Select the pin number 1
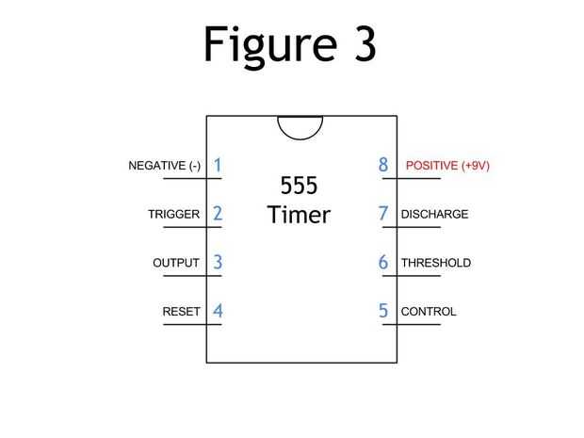tap(218, 165)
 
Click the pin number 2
tap(218, 213)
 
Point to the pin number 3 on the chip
tap(218, 262)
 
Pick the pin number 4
tap(218, 310)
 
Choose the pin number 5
tap(383, 310)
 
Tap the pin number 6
tap(383, 262)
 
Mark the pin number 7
tap(383, 213)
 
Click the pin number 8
tap(383, 165)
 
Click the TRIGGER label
tap(173, 214)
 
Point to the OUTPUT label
tap(176, 263)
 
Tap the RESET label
tap(181, 311)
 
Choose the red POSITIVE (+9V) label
tap(447, 166)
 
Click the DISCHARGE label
tap(434, 214)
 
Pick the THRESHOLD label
tap(435, 263)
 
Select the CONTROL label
tap(429, 311)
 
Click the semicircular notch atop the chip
tap(301, 126)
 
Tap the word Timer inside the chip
tap(299, 215)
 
